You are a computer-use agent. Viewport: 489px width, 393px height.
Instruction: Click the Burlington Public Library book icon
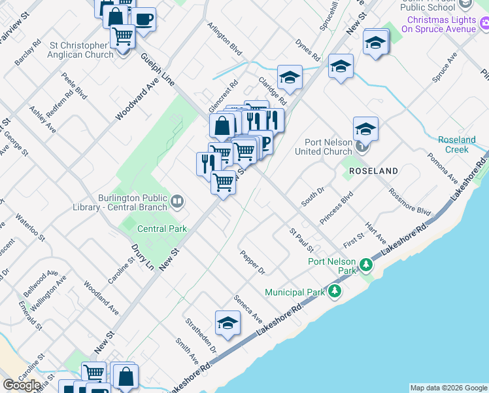tap(177, 201)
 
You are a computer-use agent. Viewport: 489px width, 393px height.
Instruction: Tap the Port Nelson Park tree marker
tap(365, 265)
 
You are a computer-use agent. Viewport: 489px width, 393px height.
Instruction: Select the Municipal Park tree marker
tap(335, 290)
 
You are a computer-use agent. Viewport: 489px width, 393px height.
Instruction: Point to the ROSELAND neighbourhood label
tap(373, 170)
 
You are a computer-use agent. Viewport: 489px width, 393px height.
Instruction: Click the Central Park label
tap(162, 229)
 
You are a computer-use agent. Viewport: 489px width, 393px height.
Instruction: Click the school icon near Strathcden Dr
tap(228, 322)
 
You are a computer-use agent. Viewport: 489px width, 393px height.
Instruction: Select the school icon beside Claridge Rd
tap(289, 77)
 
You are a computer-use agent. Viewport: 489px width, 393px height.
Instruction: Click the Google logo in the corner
tap(22, 385)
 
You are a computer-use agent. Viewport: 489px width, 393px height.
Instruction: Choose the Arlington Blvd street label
tap(224, 39)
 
